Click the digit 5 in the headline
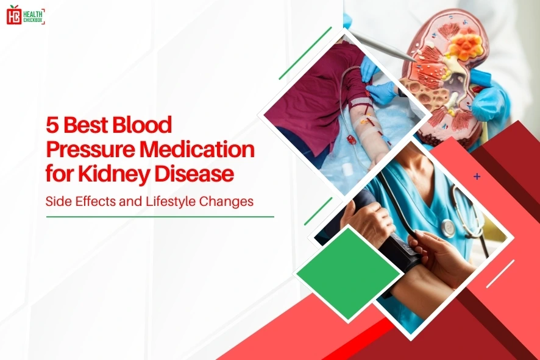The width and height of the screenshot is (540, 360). [x=53, y=125]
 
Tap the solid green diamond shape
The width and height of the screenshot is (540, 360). [x=348, y=272]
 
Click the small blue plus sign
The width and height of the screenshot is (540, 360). [x=477, y=177]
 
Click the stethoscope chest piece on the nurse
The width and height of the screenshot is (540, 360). [x=449, y=228]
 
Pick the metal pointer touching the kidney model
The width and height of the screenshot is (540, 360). [x=381, y=45]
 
